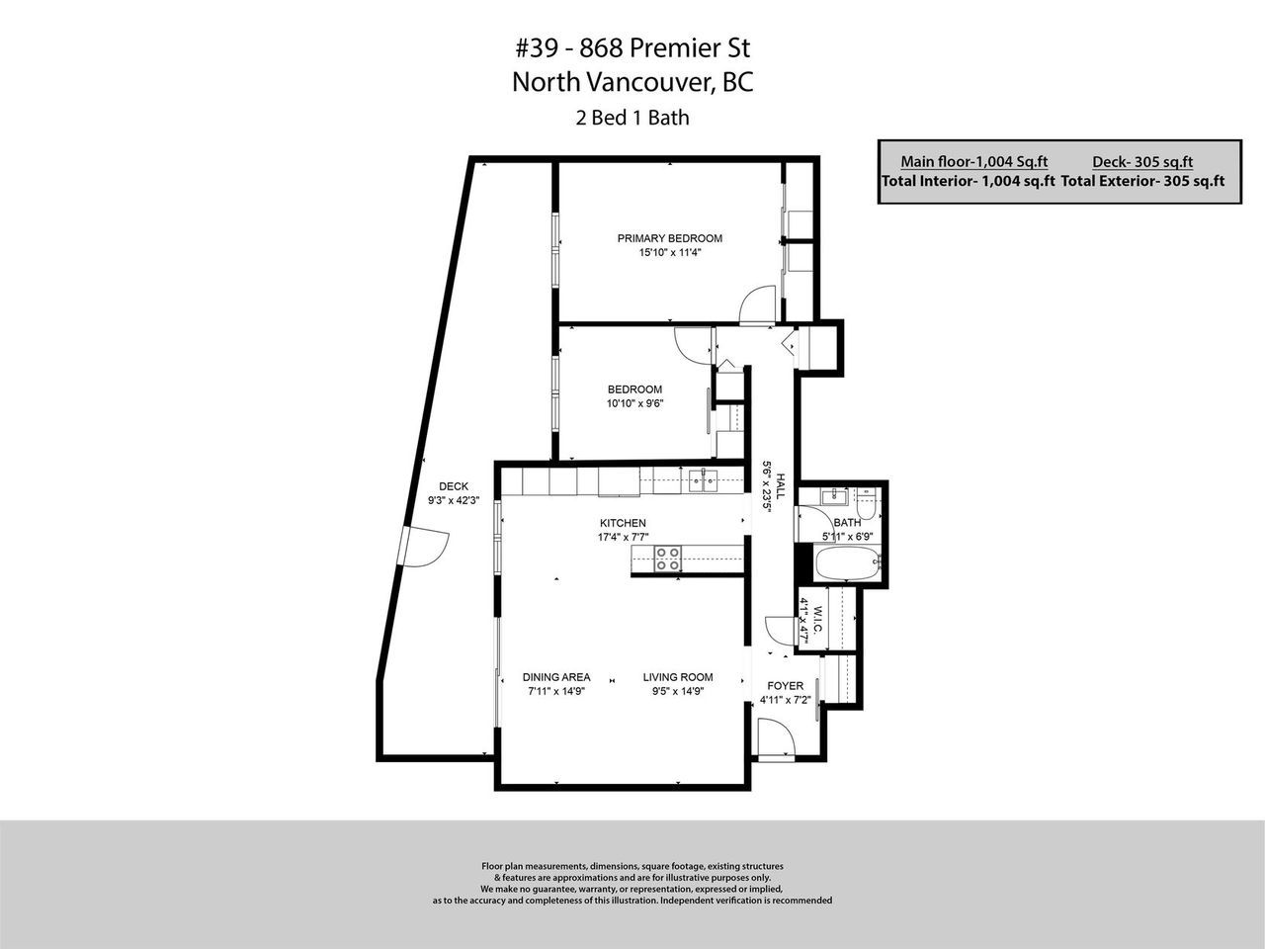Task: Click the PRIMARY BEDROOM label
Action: (670, 238)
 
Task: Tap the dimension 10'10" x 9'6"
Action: (635, 403)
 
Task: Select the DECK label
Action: (454, 486)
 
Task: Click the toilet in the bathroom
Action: (866, 504)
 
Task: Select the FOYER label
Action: (785, 686)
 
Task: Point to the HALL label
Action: (781, 487)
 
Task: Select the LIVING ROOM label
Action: (678, 677)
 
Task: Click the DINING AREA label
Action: (556, 677)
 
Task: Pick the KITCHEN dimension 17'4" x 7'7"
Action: (623, 537)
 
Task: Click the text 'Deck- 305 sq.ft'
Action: (1142, 162)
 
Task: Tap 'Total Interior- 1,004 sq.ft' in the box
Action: (969, 181)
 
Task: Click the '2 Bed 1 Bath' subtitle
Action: (632, 118)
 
